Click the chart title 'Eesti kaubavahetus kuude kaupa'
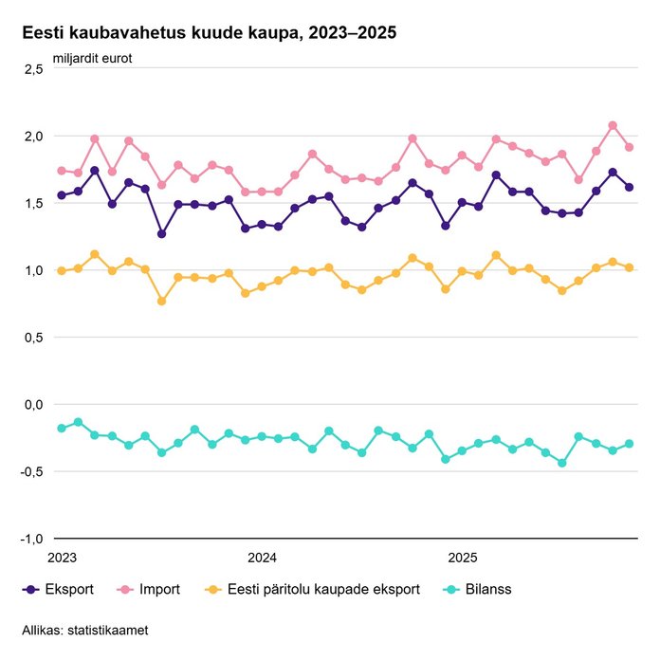209,32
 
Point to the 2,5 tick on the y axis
34,69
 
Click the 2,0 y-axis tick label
34,137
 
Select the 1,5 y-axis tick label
34,204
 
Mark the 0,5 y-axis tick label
34,338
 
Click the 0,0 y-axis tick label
34,405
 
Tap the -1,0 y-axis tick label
32,539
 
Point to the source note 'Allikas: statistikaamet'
85,630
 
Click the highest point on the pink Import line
613,125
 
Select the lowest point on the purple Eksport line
162,233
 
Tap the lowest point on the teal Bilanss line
562,463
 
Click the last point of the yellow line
629,267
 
